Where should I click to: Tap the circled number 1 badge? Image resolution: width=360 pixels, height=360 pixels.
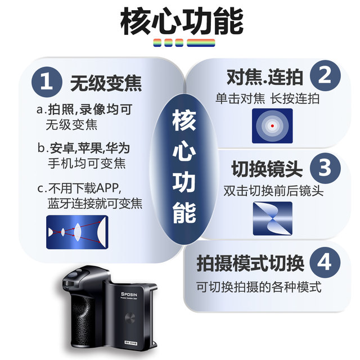pos(47,83)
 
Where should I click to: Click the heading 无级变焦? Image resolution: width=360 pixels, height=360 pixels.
pos(106,84)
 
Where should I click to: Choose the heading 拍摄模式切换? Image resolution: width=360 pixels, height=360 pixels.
pos(250,263)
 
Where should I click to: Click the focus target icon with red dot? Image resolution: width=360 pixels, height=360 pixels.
pos(272,125)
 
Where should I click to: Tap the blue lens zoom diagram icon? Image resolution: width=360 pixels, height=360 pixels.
pos(76,232)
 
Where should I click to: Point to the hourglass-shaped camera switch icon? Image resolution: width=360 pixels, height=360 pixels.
pos(272,218)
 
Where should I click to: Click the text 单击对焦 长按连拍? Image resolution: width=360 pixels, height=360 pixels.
pos(267,98)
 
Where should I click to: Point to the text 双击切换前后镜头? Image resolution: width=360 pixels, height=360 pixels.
pos(273,190)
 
